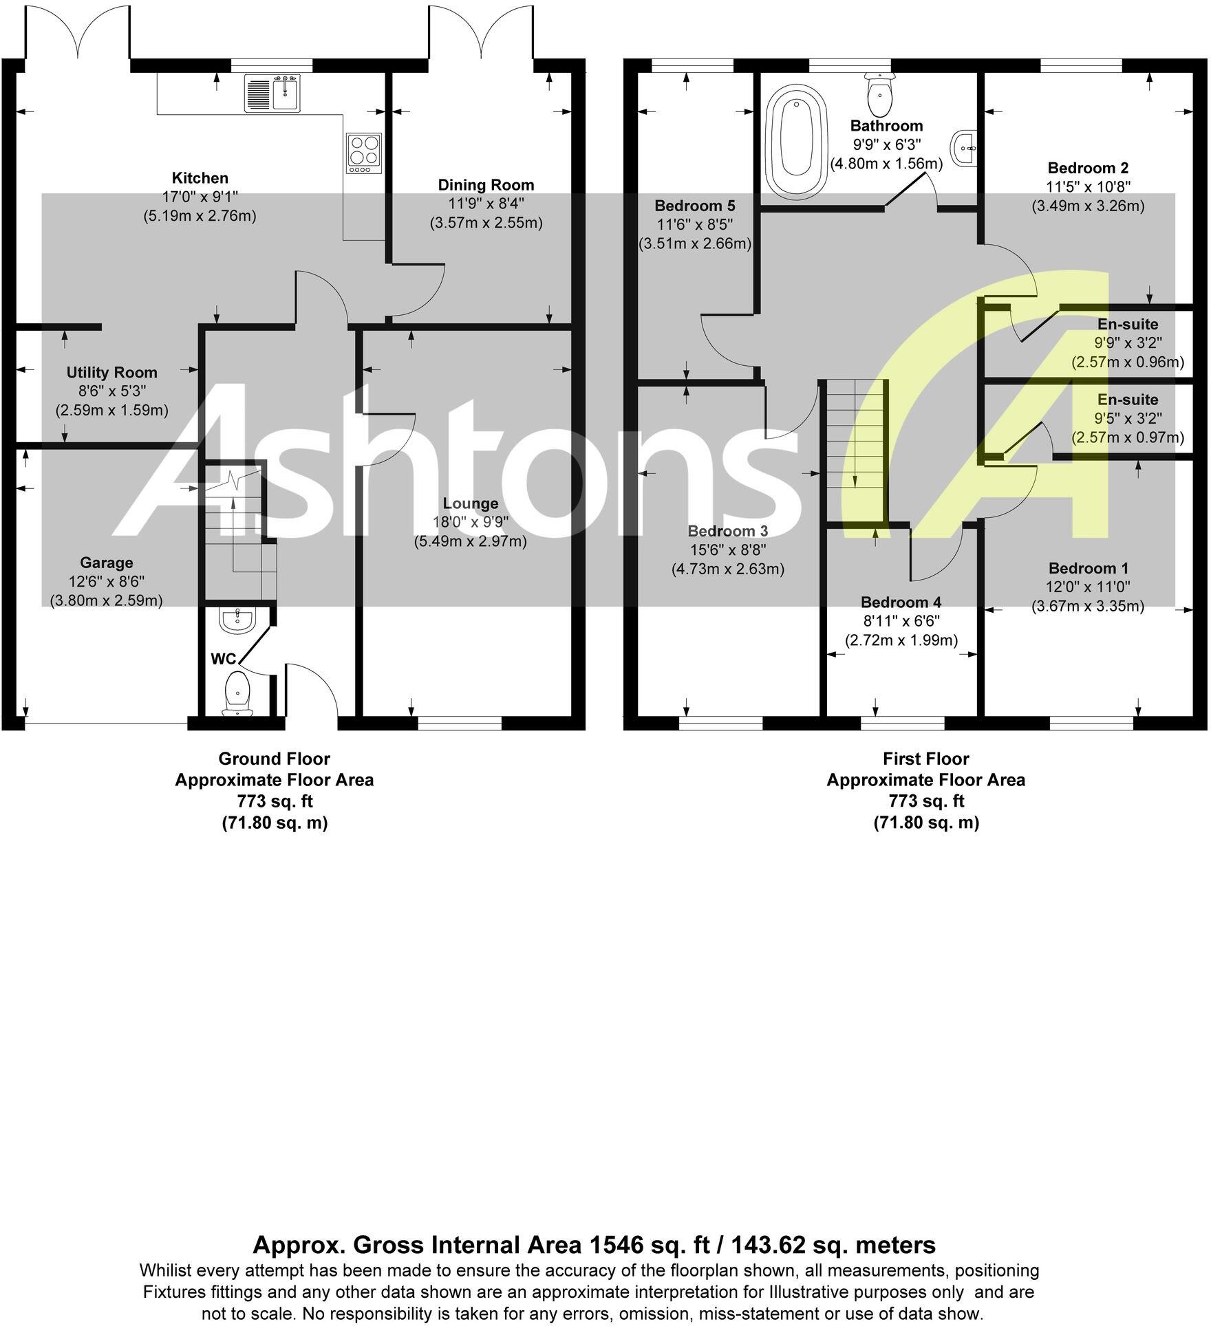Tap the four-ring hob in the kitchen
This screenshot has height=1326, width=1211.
click(x=364, y=153)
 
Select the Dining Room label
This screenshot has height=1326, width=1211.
click(x=486, y=184)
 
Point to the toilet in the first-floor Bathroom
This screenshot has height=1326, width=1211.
click(x=879, y=97)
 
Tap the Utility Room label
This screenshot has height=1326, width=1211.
click(x=111, y=373)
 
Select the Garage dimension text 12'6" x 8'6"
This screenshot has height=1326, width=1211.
click(x=106, y=582)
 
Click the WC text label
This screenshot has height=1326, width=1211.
click(x=223, y=659)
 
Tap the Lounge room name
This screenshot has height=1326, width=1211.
click(x=470, y=503)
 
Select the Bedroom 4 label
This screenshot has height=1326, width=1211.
click(x=901, y=602)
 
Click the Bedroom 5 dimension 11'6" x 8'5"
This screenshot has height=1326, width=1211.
click(x=694, y=224)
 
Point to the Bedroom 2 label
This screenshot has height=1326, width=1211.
click(x=1087, y=168)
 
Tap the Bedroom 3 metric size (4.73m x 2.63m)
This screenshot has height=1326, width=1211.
click(x=727, y=569)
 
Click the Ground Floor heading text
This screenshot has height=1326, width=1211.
click(x=274, y=759)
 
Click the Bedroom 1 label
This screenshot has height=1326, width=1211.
click(x=1088, y=568)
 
